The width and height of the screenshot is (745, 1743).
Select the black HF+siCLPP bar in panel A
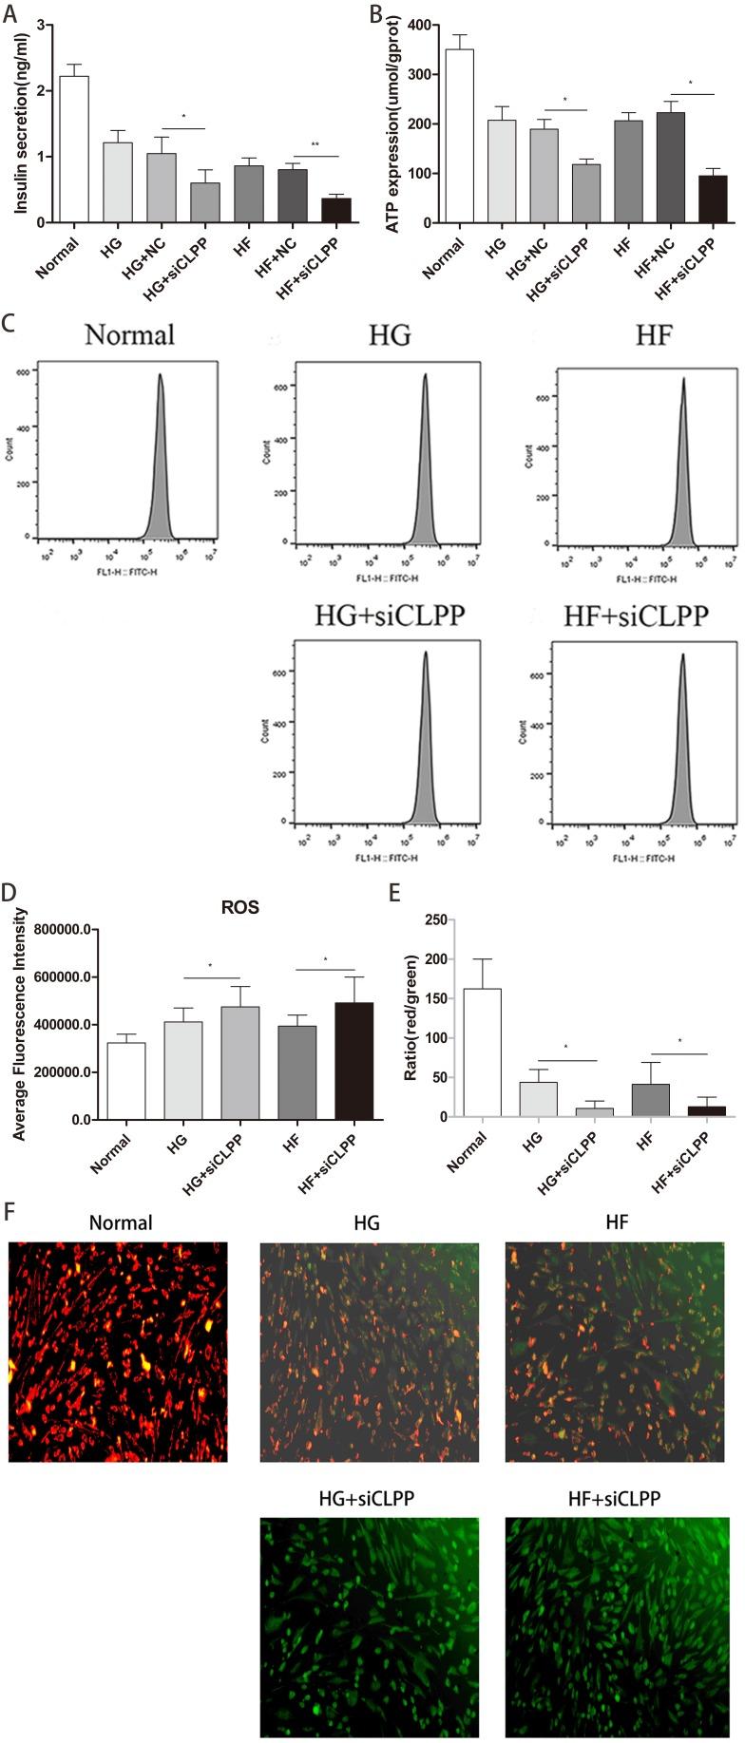point(335,210)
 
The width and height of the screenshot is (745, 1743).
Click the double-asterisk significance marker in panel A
point(315,145)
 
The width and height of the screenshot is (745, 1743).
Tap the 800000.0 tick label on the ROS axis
point(61,930)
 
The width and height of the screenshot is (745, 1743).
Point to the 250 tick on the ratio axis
point(436,919)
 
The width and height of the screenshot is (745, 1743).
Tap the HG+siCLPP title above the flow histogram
point(390,616)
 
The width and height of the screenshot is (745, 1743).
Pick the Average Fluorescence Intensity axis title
point(17,1021)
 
